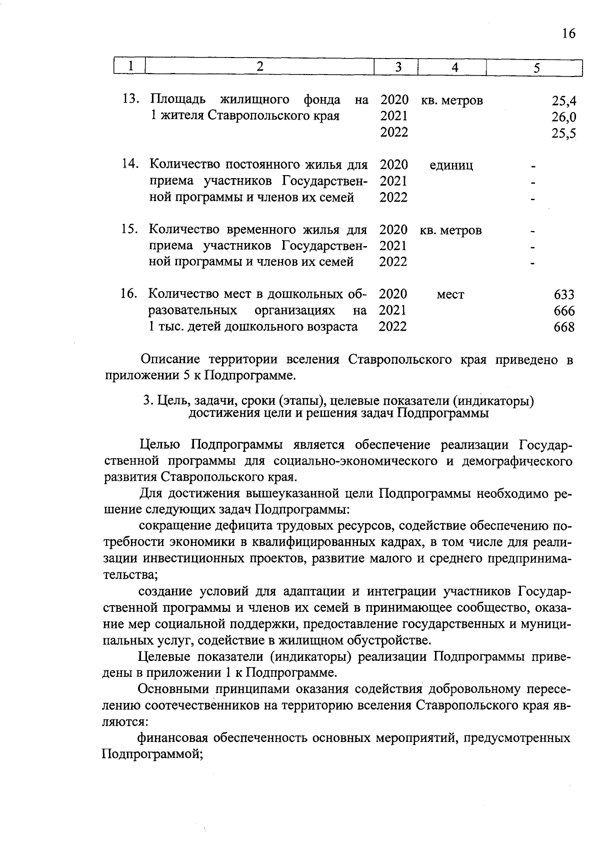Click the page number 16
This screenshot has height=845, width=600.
tap(568, 34)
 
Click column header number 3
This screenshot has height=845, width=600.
tap(398, 68)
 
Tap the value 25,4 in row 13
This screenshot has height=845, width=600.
tap(564, 101)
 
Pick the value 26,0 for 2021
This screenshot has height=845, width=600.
tap(564, 118)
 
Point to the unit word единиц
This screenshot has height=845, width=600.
tap(451, 166)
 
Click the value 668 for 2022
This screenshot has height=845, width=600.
tap(564, 328)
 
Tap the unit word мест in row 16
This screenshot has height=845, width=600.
tap(450, 295)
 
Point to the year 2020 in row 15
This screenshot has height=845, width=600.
tap(393, 230)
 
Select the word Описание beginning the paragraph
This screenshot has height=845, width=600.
tap(169, 360)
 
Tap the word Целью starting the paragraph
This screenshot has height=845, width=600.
tap(159, 445)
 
